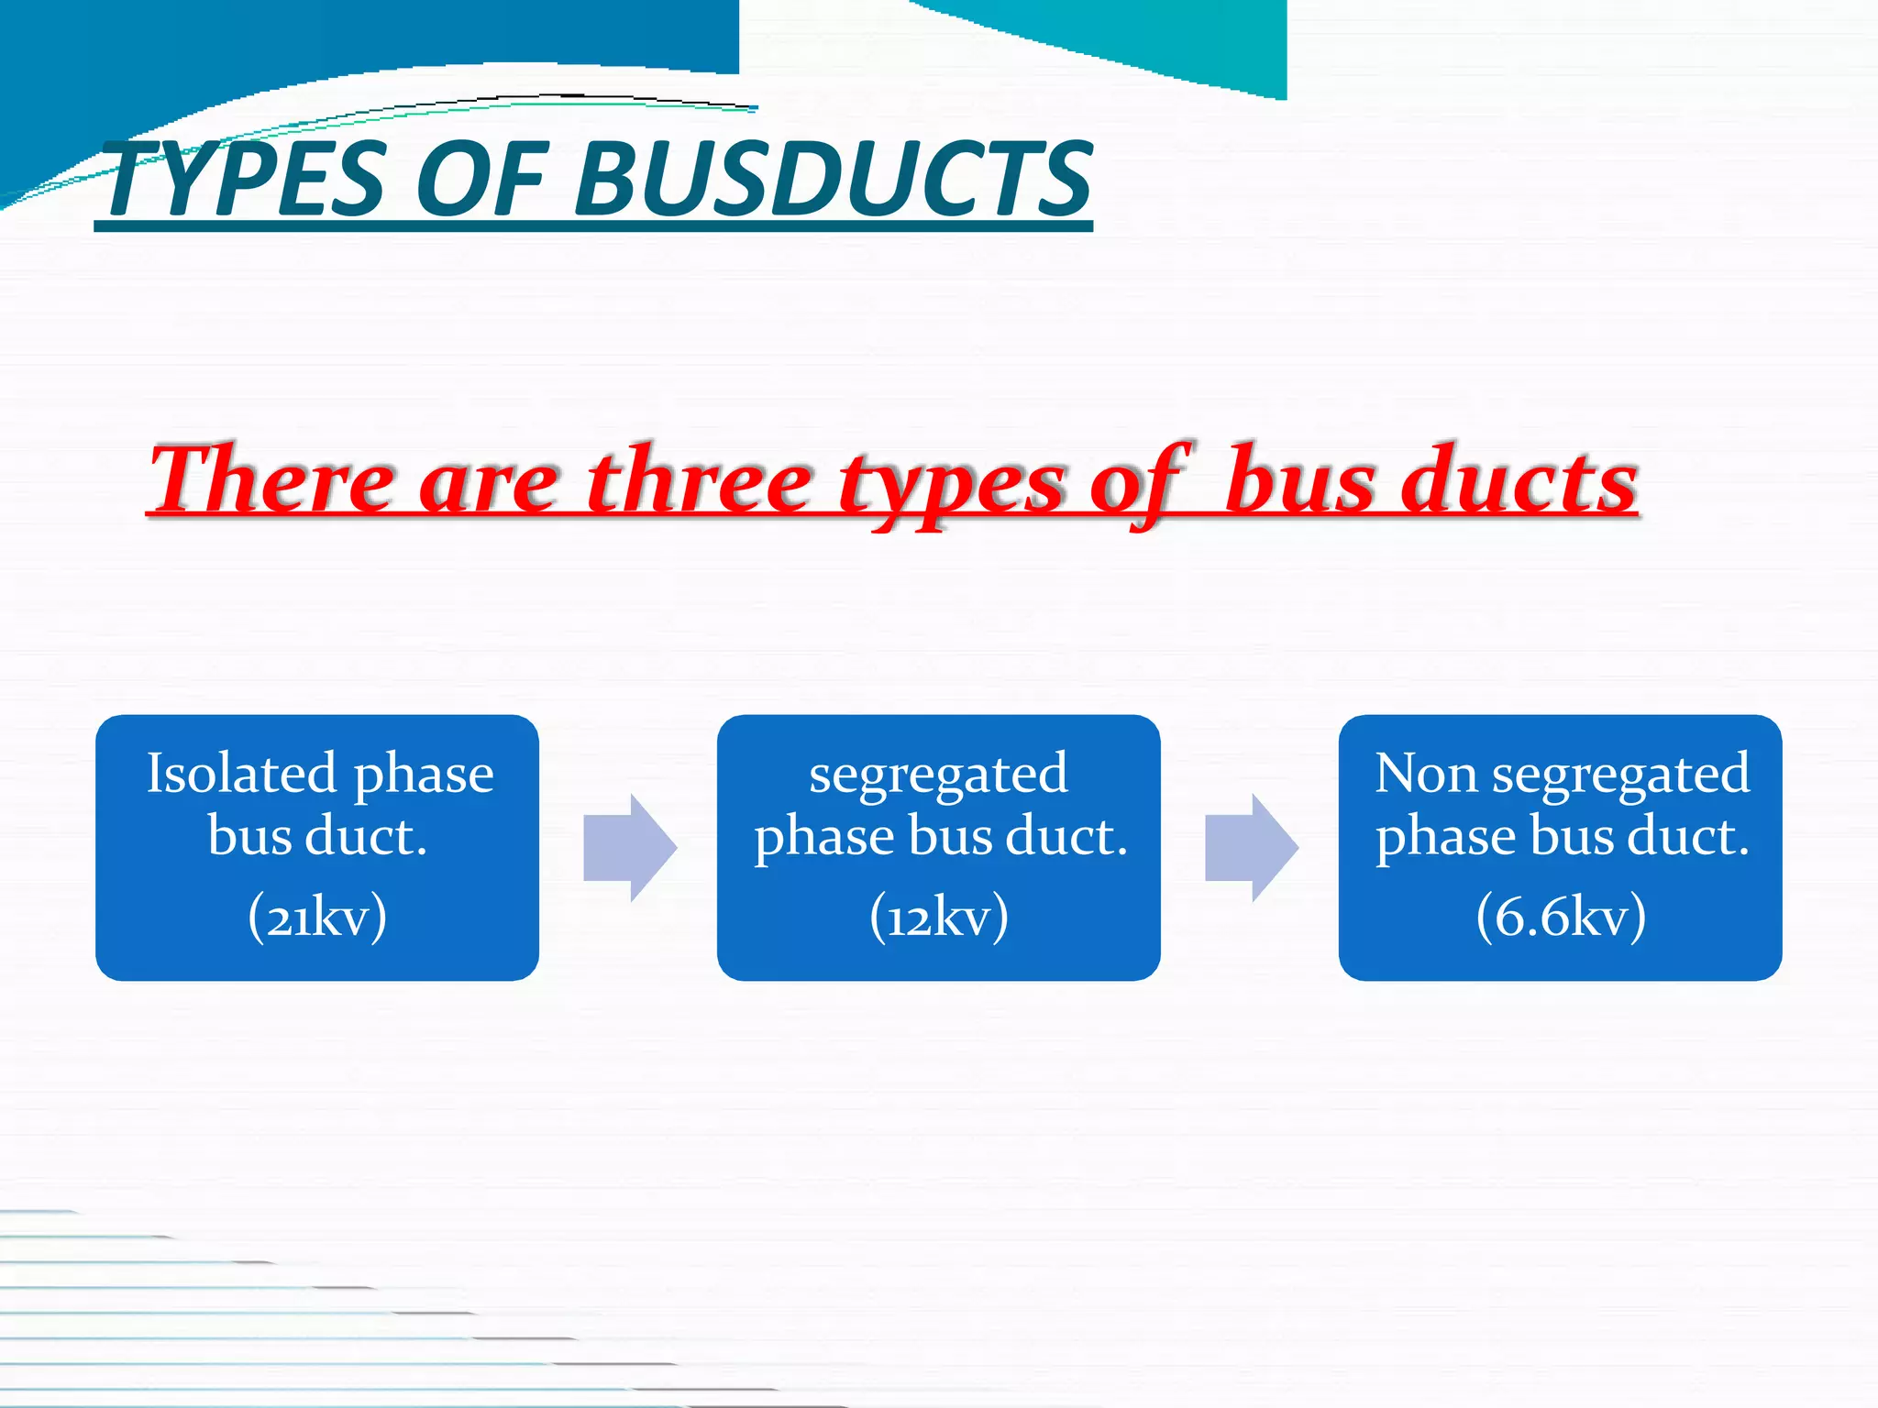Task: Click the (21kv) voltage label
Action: [x=317, y=916]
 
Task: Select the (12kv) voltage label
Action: [x=939, y=916]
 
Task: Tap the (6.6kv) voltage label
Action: [x=1561, y=916]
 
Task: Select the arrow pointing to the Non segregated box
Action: [x=1251, y=848]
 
